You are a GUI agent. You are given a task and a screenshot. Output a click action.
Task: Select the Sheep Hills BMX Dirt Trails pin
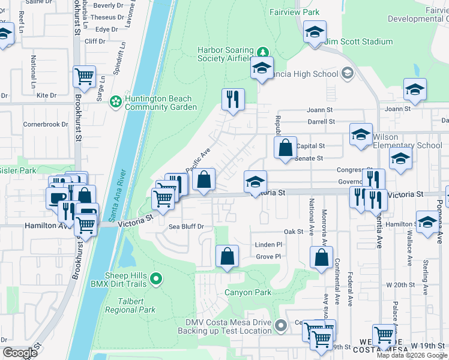click(x=156, y=278)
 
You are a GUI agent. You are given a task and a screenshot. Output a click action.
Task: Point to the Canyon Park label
click(x=248, y=293)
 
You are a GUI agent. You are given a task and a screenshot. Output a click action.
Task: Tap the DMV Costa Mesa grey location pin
click(x=280, y=326)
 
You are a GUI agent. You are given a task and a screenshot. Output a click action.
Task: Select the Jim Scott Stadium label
click(x=359, y=42)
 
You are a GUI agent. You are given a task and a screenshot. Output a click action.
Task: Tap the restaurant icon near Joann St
click(x=233, y=99)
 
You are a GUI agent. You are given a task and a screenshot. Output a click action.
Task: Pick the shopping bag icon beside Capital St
click(x=286, y=148)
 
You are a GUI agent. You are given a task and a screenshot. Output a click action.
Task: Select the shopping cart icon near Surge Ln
click(x=84, y=77)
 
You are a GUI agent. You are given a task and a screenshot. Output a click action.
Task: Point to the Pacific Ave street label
click(x=196, y=161)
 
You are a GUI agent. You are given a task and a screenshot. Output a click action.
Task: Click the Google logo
click(x=20, y=352)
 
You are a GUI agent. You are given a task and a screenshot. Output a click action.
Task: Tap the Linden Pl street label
click(x=268, y=245)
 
